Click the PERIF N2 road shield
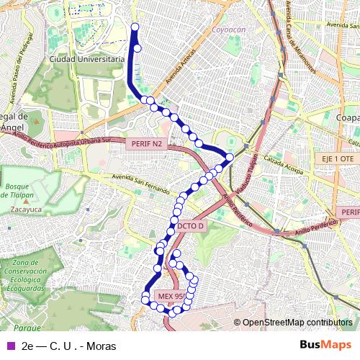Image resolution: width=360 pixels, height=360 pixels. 148,144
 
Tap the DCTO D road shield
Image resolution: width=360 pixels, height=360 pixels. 191,225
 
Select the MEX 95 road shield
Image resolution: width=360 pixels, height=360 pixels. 171,296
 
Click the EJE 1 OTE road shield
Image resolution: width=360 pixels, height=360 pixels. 336,158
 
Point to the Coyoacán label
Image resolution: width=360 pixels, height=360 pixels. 228,30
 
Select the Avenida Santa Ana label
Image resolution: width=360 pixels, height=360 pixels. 342,24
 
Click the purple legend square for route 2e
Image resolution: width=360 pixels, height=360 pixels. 10,346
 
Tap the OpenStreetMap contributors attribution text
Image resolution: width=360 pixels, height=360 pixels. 297,323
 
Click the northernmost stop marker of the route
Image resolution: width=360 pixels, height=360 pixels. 135,27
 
